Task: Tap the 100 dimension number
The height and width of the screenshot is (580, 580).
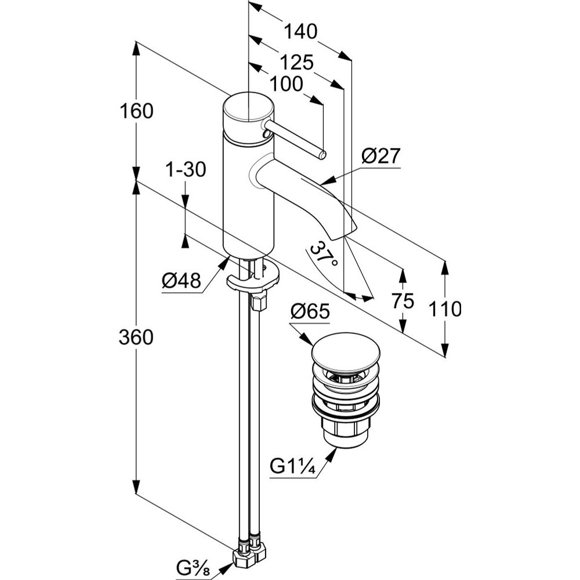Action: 287,84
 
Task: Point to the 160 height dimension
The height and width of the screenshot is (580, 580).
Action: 136,111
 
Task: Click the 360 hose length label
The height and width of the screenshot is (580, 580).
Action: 136,337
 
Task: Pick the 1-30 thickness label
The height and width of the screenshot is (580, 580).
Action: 186,170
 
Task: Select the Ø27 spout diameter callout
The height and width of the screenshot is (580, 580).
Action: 380,157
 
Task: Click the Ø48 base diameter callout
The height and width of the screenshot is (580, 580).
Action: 181,281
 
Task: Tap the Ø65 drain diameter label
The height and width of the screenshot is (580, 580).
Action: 310,312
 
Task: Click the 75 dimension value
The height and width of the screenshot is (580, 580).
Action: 403,301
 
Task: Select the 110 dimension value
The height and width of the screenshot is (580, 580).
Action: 445,309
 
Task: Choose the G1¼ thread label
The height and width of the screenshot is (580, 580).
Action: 293,466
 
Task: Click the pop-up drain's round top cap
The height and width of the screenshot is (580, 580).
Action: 346,348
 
